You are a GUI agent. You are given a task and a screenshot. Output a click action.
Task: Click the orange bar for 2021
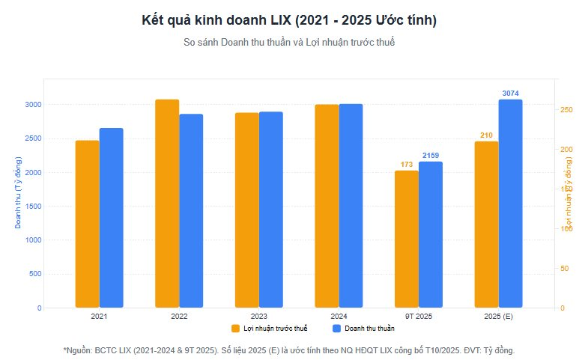coord(87,224)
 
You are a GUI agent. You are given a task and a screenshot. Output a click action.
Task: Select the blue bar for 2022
coord(191,210)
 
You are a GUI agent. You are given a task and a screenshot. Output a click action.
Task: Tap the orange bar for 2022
coord(167,204)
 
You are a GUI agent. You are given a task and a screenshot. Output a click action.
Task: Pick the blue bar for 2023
coord(271,210)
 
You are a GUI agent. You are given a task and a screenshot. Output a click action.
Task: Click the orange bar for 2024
coord(327,206)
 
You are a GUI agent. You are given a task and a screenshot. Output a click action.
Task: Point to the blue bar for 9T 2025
coord(431,234)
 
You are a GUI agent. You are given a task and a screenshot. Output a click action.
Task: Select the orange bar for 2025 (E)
coord(486,224)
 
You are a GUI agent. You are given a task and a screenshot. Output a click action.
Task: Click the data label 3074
coord(510,94)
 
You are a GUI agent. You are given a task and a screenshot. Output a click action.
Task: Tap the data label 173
coord(407,165)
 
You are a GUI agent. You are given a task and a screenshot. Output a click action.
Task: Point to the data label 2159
coord(431,156)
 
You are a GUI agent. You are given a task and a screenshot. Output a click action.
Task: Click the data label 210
coord(486,135)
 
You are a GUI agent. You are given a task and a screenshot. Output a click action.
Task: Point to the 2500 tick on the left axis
coord(31,138)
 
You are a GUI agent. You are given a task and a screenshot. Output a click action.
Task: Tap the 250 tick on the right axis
coord(567,110)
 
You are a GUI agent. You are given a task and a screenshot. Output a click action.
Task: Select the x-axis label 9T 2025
coord(419,317)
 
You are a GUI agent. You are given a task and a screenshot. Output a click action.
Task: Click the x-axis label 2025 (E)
coord(498,317)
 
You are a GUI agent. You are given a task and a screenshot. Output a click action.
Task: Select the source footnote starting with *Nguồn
coord(289,350)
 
